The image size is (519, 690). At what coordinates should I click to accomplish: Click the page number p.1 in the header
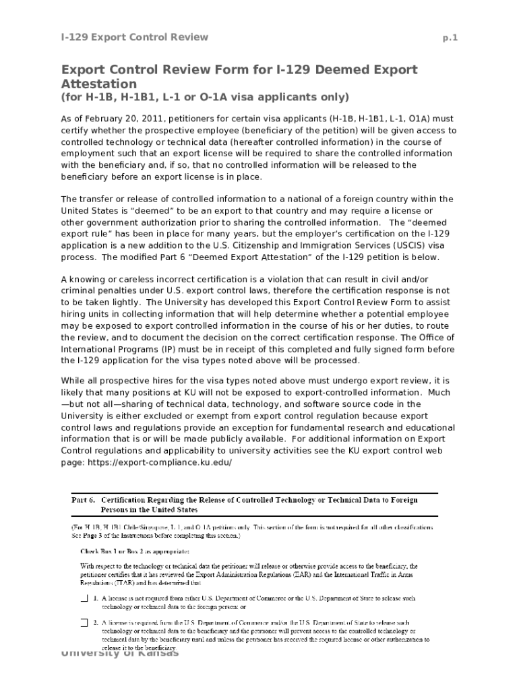click(450, 38)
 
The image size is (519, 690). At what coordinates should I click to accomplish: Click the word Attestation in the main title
click(99, 84)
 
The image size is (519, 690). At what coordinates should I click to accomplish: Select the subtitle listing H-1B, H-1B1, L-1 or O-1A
click(206, 97)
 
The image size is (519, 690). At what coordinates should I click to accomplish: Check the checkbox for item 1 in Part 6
click(84, 598)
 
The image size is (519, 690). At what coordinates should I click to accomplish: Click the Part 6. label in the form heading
click(84, 500)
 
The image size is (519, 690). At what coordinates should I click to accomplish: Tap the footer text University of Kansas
click(120, 653)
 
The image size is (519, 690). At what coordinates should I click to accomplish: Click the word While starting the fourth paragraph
click(74, 380)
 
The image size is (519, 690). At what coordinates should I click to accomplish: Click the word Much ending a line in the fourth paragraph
click(441, 391)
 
